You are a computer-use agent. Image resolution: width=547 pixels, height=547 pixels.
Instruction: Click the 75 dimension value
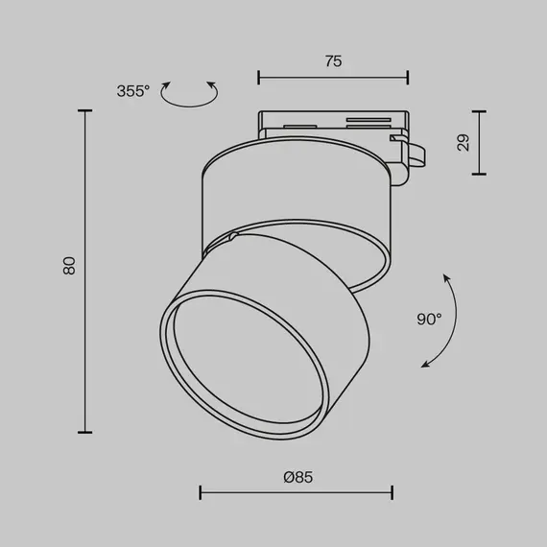coord(333,61)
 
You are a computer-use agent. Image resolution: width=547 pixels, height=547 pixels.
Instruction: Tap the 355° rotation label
coord(133,91)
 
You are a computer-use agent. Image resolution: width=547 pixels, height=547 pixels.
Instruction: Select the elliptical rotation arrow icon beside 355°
coord(189,92)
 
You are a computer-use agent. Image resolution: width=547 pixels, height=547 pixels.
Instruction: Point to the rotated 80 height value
coord(68,266)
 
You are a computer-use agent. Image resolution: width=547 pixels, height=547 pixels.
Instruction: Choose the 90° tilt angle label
coord(429,319)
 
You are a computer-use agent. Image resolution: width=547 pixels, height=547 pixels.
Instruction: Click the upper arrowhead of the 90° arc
coord(446,275)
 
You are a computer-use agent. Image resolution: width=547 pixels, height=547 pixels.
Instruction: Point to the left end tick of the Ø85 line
coord(200,493)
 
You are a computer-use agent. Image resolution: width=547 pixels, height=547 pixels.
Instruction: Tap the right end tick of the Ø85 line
coord(392,493)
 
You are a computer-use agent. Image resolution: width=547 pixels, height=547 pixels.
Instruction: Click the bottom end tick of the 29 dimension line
coord(479,174)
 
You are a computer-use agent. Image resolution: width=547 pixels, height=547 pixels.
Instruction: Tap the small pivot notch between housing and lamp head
coord(233,236)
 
